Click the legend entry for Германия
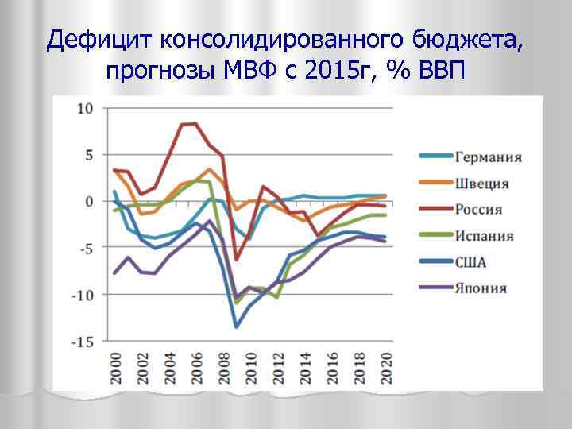(488, 157)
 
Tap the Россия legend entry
(479, 210)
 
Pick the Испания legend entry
(484, 236)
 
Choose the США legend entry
(471, 262)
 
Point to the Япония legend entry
(481, 288)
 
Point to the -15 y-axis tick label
(83, 342)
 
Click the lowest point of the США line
(236, 326)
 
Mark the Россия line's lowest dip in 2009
(236, 259)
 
